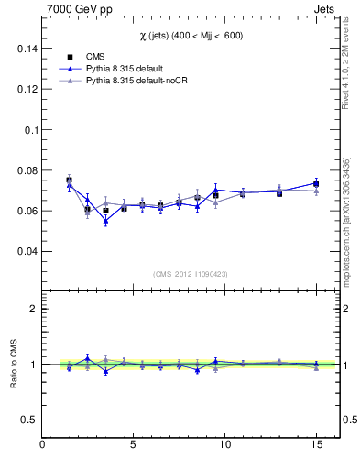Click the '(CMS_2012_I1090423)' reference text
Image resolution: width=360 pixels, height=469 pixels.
tap(191, 273)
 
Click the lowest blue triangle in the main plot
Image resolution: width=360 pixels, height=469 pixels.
tap(105, 221)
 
